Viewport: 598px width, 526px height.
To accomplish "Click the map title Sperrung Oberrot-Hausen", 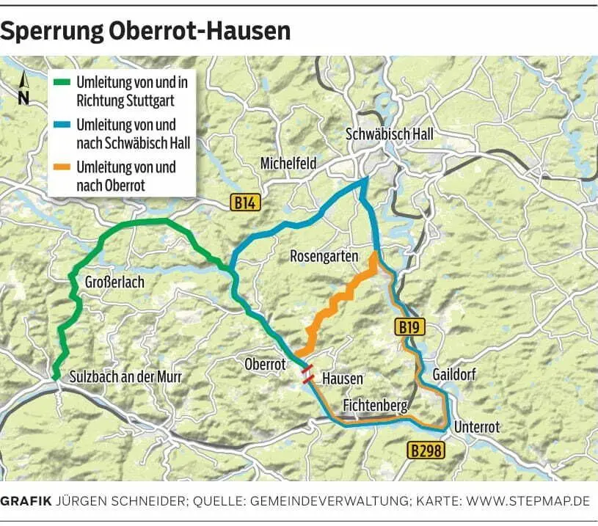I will click(145, 31).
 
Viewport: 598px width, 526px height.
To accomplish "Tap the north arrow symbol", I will click(23, 89).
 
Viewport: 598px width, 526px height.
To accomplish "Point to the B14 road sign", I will click(245, 203).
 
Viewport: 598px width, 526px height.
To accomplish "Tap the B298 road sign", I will click(426, 450).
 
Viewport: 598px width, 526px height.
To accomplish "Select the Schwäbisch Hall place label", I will click(390, 134).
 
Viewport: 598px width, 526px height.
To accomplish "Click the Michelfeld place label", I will click(288, 164).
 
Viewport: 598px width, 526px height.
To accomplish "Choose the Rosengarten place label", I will click(324, 256).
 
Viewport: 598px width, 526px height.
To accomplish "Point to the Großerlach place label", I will click(114, 282).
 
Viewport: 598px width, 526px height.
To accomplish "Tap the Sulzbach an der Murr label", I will click(125, 377).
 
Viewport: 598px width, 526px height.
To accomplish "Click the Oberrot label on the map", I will click(265, 364).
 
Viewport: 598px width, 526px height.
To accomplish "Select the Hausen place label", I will click(343, 378).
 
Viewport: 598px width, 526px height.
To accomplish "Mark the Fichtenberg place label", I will click(375, 405).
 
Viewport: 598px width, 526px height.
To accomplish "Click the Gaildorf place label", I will click(454, 375).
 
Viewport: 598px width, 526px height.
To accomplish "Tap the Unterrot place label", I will click(477, 427).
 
